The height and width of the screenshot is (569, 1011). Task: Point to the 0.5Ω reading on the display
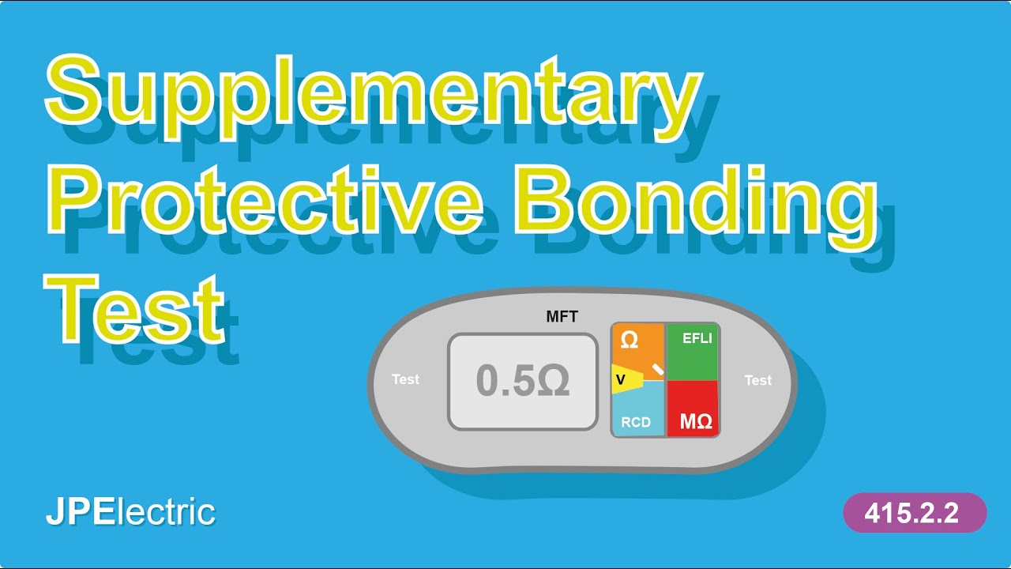click(522, 382)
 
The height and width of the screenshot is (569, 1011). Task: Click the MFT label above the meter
click(562, 318)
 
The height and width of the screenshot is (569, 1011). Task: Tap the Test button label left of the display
click(406, 379)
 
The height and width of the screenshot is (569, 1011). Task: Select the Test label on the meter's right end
click(757, 380)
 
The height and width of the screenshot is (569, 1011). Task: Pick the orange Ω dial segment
click(632, 343)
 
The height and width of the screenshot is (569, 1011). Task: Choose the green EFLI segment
click(692, 352)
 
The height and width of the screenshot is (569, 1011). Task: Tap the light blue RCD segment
click(637, 415)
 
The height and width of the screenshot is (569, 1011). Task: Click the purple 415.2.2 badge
click(915, 513)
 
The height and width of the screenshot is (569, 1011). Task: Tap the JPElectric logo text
click(130, 512)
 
